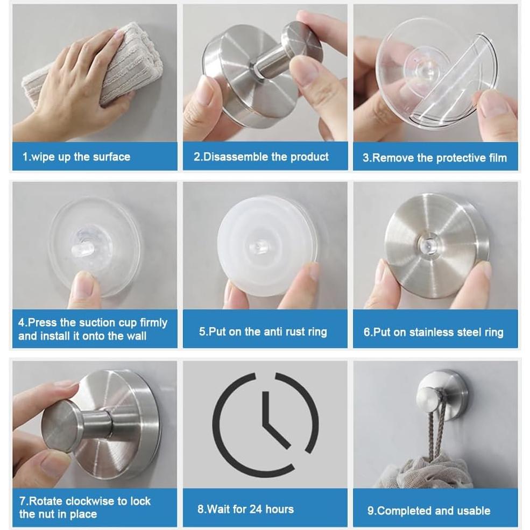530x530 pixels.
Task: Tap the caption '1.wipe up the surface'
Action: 76,157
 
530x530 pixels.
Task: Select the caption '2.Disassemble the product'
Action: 261,157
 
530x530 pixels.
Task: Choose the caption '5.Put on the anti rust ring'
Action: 263,331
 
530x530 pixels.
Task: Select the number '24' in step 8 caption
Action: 256,510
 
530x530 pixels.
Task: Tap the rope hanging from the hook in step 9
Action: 434,433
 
